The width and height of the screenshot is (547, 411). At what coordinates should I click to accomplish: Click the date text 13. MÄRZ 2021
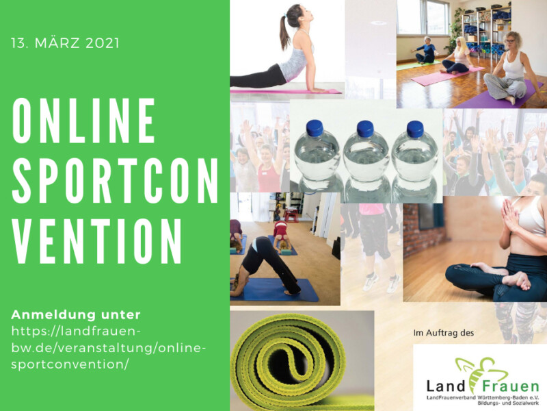point(65,43)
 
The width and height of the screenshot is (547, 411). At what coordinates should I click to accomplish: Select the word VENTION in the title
point(97,242)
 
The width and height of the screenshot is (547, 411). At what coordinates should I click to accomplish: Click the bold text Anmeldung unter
point(76,315)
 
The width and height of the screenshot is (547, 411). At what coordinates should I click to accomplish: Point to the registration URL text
point(107,348)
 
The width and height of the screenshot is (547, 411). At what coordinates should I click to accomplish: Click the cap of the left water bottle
point(315,127)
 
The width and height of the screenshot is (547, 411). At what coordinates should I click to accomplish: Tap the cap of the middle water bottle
point(365,129)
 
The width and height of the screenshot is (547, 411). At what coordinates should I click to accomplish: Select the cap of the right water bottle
point(415,129)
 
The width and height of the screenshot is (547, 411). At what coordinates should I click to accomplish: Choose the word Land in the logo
point(446,386)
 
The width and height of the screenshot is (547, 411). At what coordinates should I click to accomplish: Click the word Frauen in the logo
point(511,386)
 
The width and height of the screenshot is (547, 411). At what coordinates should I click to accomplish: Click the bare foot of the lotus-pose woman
point(519,280)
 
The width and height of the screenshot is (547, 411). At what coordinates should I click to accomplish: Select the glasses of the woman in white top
point(510,40)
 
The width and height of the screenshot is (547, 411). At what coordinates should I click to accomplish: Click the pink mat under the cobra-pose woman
point(286,91)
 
